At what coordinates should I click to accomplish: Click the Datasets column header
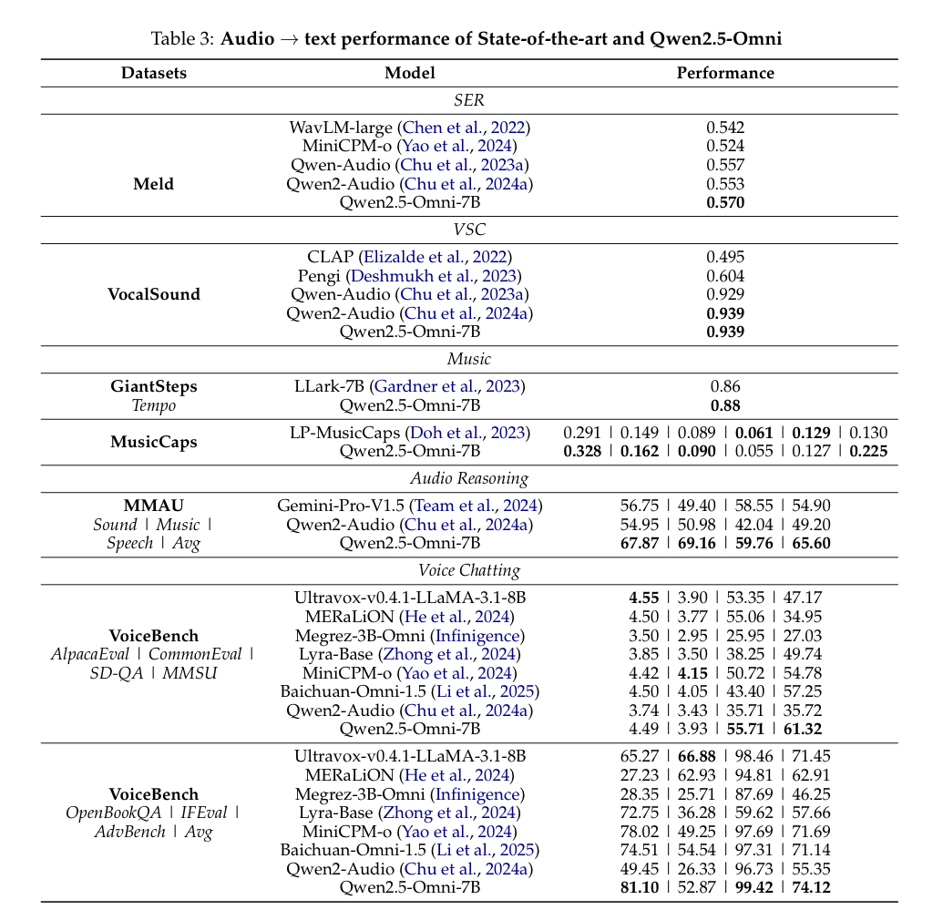153,73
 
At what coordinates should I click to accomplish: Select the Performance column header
725,73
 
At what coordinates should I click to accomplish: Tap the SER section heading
469,100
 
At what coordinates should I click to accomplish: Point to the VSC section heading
469,230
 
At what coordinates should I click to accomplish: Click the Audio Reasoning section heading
469,478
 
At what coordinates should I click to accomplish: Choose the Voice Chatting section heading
469,571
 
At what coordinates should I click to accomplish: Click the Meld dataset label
153,184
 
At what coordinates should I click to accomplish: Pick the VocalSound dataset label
153,294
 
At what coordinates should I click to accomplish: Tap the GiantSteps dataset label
153,386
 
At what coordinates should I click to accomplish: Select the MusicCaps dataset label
153,442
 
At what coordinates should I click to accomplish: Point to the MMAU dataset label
153,506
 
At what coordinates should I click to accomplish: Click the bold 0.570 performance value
725,202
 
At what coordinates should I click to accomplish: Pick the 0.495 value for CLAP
725,258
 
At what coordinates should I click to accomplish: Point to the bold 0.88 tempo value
725,405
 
